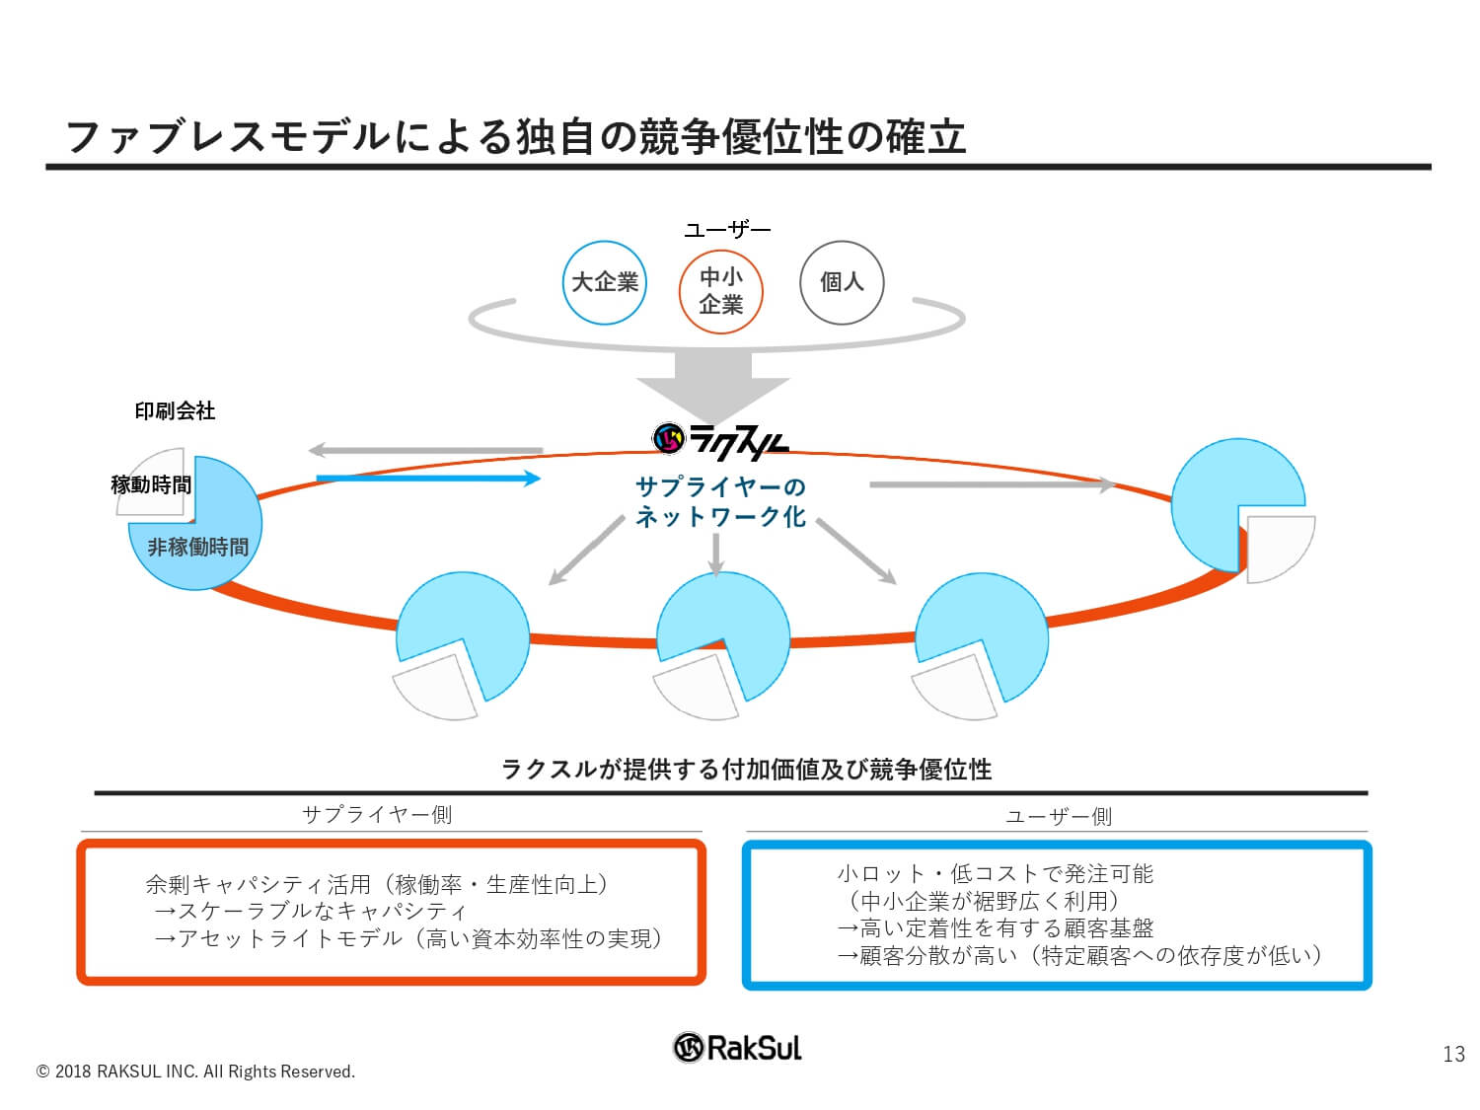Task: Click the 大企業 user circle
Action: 604,282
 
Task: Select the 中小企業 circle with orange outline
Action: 720,291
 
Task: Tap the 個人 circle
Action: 842,282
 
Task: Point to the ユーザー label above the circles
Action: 727,231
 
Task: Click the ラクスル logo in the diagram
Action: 720,441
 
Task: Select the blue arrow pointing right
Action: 428,479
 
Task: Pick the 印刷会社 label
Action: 175,410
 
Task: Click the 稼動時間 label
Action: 151,484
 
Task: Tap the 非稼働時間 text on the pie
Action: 197,547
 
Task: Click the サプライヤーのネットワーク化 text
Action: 720,501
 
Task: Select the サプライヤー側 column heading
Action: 376,815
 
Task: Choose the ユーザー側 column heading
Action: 1058,817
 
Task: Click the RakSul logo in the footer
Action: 737,1047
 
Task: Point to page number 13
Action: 1453,1054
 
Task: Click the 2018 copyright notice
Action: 194,1072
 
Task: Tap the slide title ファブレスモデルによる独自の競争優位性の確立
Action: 516,137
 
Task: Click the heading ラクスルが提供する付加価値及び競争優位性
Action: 746,769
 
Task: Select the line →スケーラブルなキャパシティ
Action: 310,911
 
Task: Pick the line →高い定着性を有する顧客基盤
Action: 995,928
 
